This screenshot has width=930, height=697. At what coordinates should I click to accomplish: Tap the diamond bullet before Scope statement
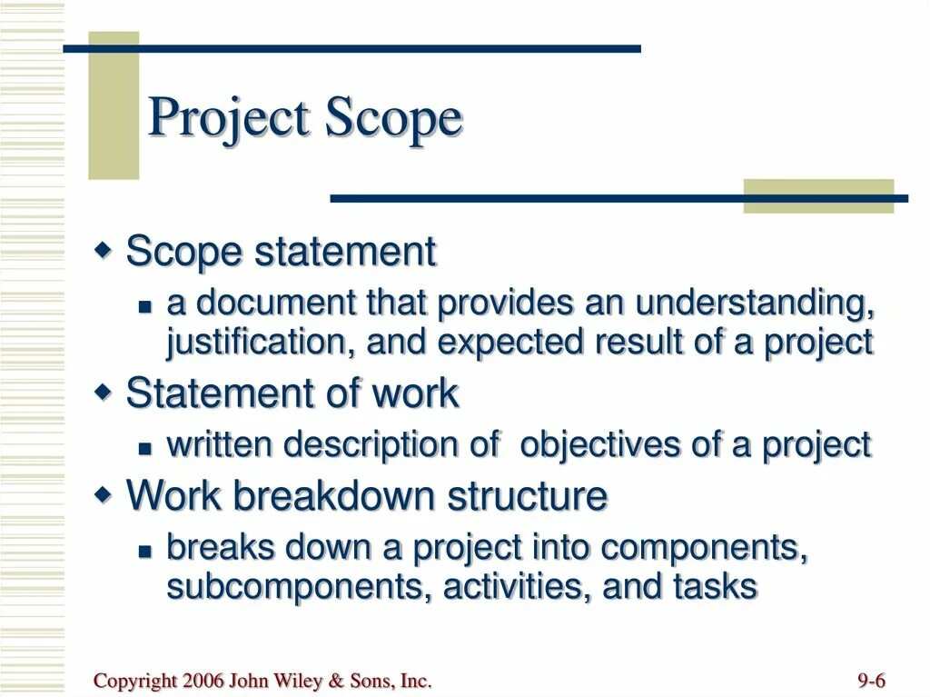(104, 248)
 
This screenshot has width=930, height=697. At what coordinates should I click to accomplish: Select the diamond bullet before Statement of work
(104, 391)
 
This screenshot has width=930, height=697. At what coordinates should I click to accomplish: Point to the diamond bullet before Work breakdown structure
(104, 493)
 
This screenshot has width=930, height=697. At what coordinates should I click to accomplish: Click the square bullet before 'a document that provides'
(144, 308)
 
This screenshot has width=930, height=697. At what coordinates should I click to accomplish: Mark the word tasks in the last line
(715, 587)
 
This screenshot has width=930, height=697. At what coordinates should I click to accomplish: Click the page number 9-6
(871, 682)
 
